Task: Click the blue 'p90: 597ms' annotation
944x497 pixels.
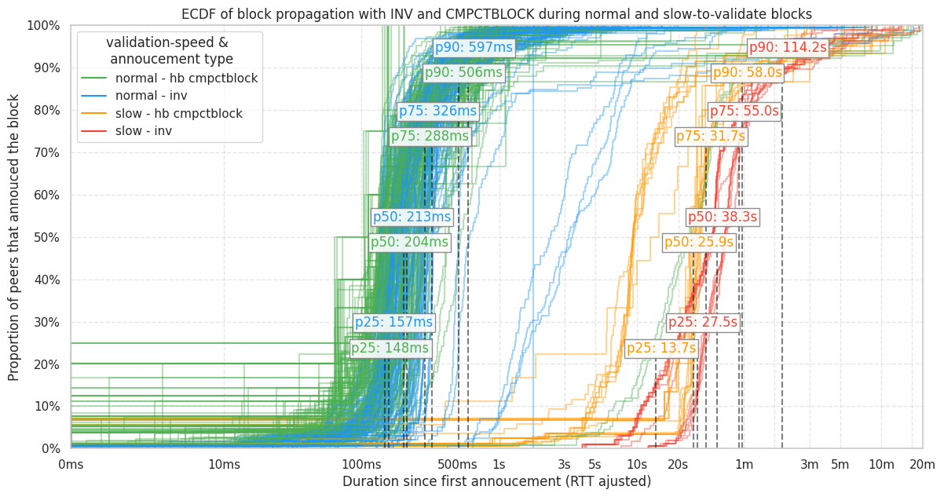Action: click(474, 47)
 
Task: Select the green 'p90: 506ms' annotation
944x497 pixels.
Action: click(463, 73)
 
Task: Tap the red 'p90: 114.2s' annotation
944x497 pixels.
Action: click(788, 48)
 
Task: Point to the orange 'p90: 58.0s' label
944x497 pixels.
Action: click(748, 73)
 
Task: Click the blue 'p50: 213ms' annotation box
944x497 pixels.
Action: click(412, 217)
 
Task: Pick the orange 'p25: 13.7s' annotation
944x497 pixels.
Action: click(661, 349)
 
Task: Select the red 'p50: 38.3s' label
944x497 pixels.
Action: click(723, 217)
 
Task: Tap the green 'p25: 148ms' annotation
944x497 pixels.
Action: click(390, 349)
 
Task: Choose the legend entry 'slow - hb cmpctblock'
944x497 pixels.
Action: click(178, 114)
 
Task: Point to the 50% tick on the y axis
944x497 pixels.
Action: click(44, 237)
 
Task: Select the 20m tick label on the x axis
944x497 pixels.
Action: click(922, 465)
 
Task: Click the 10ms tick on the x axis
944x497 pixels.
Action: click(225, 465)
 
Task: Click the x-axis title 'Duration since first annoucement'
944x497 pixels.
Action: click(496, 481)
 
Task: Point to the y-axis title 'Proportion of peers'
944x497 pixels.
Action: click(14, 237)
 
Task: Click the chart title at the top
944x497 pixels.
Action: click(496, 13)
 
